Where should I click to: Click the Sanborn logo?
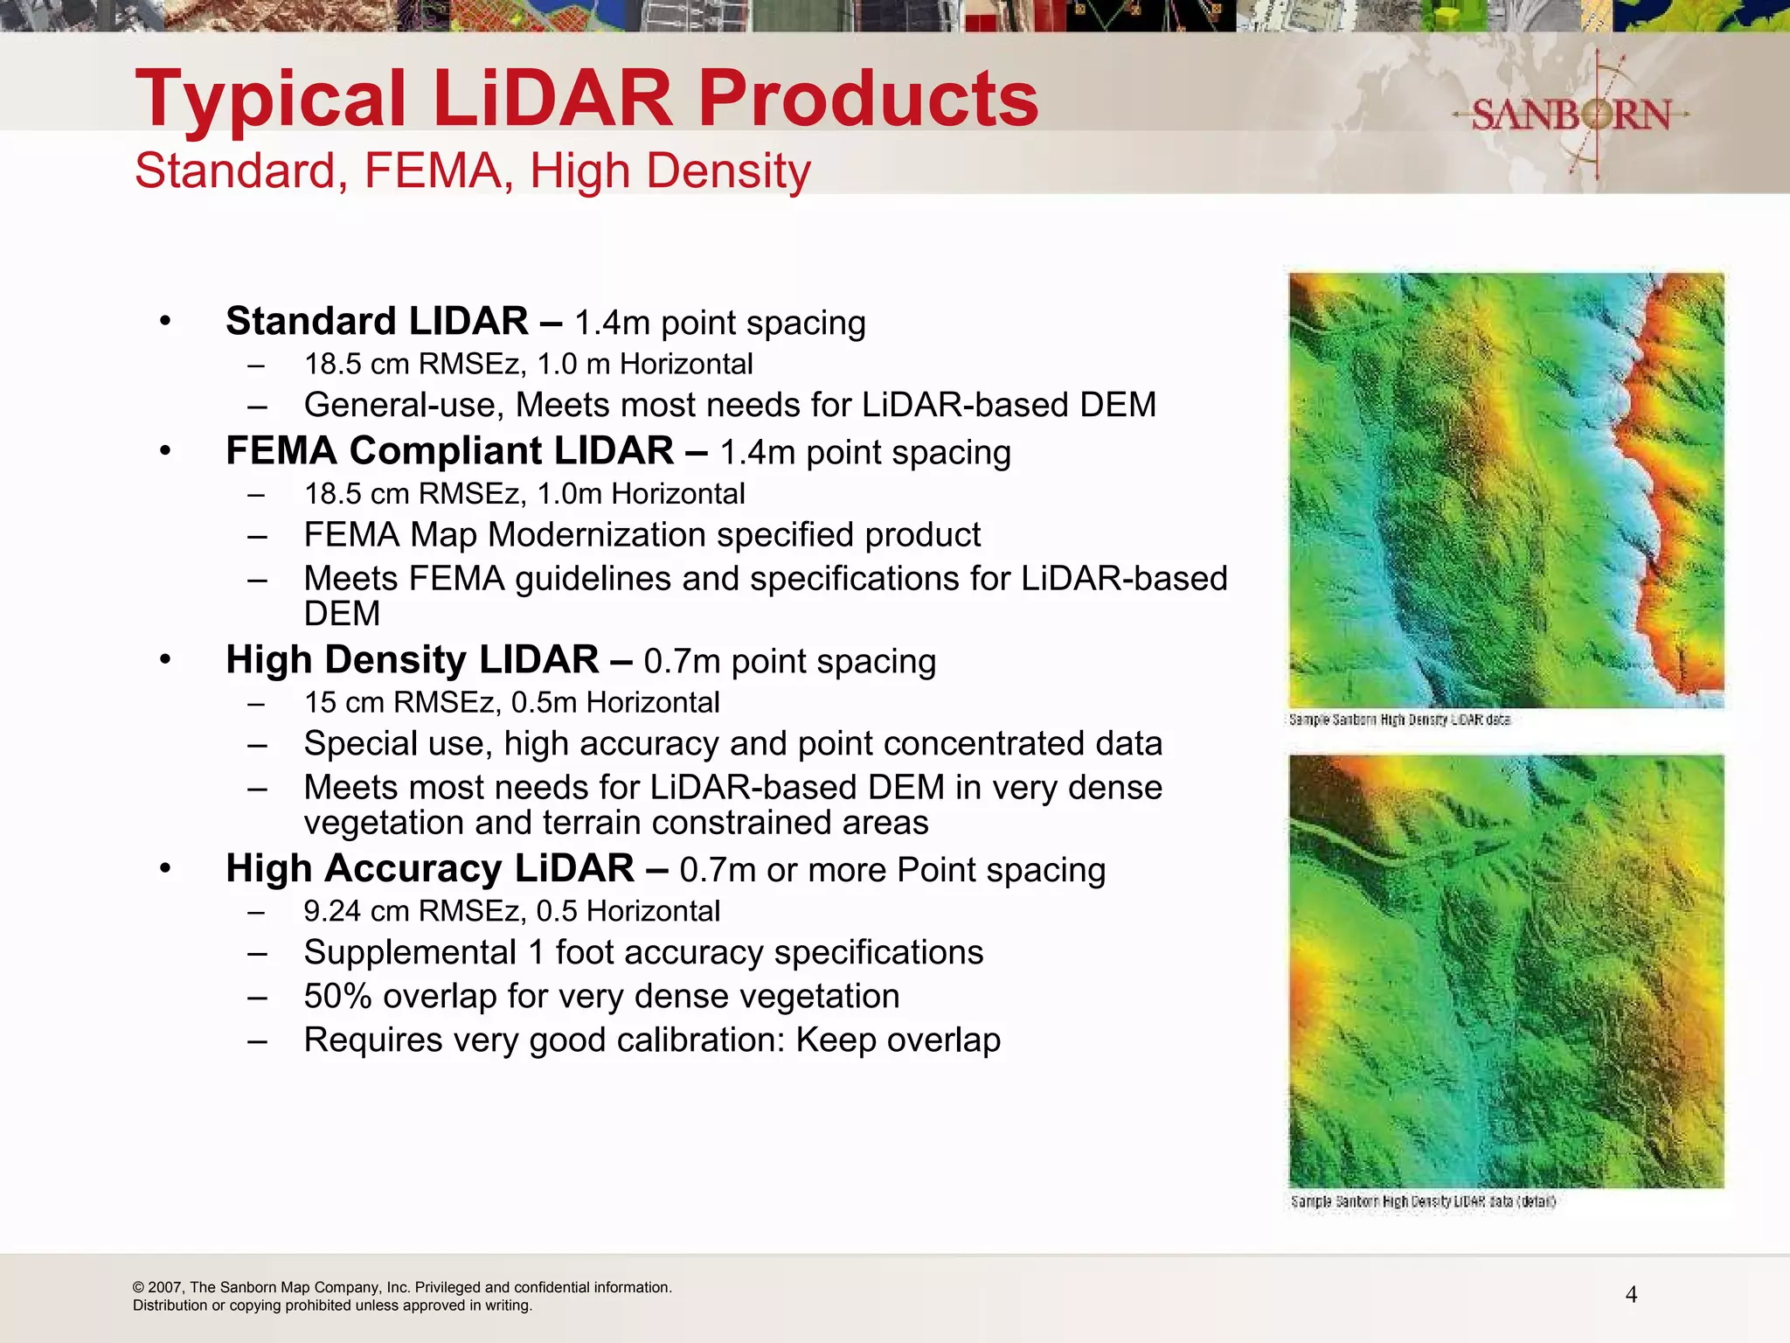click(1571, 115)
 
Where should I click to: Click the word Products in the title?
click(868, 98)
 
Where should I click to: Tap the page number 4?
click(1631, 1295)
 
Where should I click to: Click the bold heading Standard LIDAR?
click(377, 322)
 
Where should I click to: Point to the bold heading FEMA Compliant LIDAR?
click(449, 451)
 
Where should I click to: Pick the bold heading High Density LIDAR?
click(412, 660)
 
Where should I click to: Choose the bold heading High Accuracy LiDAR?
click(429, 869)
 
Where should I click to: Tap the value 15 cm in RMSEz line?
click(343, 703)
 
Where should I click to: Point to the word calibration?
click(697, 1040)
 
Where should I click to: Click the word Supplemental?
click(410, 953)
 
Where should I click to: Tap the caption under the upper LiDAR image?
click(1399, 720)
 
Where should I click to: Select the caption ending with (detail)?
click(1423, 1201)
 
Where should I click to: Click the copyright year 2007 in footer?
click(165, 1288)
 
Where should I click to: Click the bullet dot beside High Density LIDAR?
click(166, 660)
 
